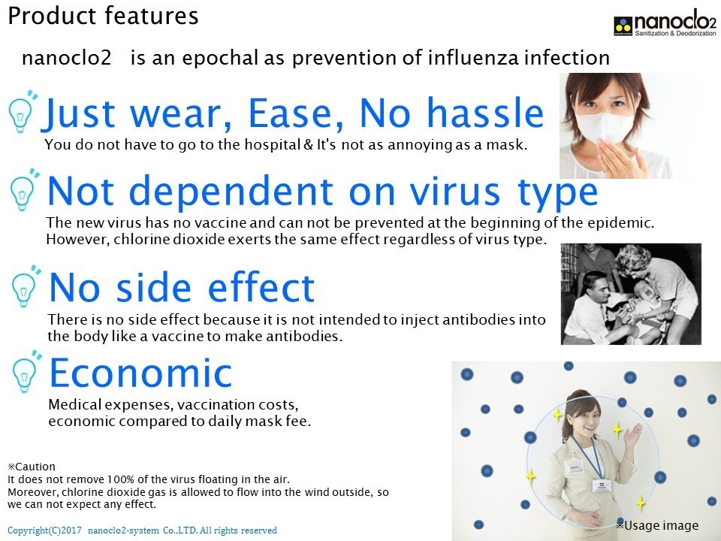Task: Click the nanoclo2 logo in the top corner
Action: click(x=665, y=23)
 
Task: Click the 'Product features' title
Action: click(x=103, y=16)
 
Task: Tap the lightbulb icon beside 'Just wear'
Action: click(x=23, y=111)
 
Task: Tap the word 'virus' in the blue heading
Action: click(x=454, y=191)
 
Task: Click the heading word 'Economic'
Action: click(x=140, y=373)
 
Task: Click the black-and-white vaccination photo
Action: click(x=631, y=294)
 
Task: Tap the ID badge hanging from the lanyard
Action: click(x=599, y=485)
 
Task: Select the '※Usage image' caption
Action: click(x=658, y=525)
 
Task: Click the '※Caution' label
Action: click(x=32, y=467)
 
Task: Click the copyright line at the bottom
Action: click(x=142, y=530)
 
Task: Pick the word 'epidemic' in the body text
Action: click(x=621, y=222)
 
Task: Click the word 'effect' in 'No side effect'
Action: click(x=261, y=287)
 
